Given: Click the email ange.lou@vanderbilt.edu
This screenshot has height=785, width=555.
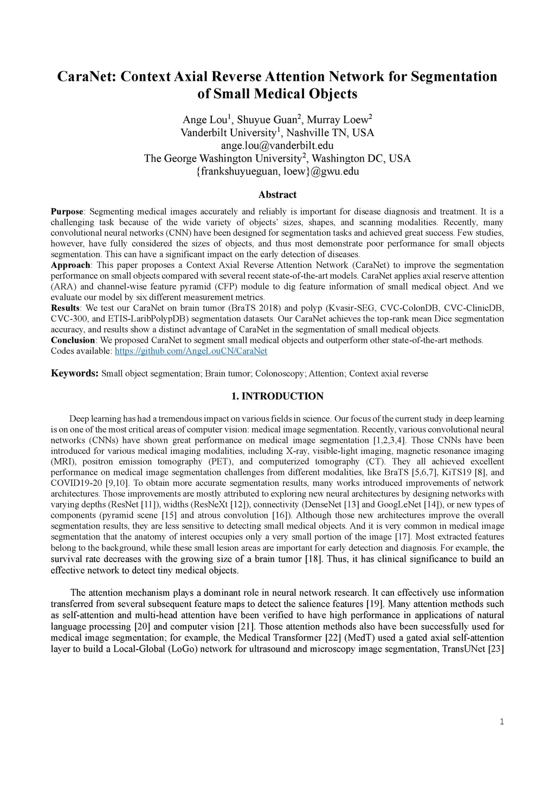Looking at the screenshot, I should pyautogui.click(x=277, y=145).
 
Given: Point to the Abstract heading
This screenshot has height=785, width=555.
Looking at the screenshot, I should pyautogui.click(x=277, y=195).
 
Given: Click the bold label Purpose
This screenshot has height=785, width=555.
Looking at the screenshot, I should pyautogui.click(x=67, y=211).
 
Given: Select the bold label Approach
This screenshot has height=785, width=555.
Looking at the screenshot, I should pyautogui.click(x=70, y=265).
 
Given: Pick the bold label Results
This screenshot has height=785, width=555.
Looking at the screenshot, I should pyautogui.click(x=65, y=308).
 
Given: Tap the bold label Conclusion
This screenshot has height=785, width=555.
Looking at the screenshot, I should pyautogui.click(x=73, y=340).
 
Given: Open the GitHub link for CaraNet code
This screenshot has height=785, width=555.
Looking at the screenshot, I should pyautogui.click(x=191, y=351).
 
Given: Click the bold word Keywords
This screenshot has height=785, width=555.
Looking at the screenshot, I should pyautogui.click(x=74, y=374).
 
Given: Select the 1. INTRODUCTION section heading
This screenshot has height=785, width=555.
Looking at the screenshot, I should pyautogui.click(x=277, y=396).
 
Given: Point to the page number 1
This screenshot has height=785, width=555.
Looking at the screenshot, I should pyautogui.click(x=502, y=721).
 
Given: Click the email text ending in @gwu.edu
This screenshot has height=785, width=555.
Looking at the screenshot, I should pyautogui.click(x=277, y=171).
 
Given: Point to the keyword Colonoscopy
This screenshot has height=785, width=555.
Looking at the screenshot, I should pyautogui.click(x=276, y=374).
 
